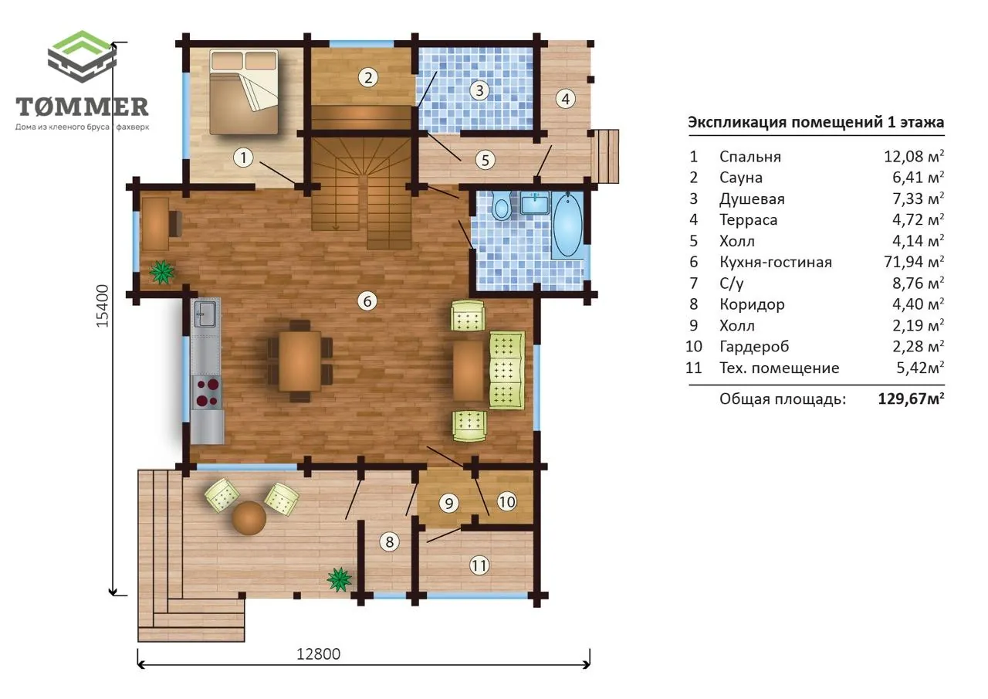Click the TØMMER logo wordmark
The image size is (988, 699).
pyautogui.click(x=82, y=107)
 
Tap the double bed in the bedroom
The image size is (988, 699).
pyautogui.click(x=244, y=92)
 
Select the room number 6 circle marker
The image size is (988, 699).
pyautogui.click(x=367, y=301)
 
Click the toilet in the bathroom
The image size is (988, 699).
pyautogui.click(x=502, y=205)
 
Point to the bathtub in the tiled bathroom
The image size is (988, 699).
pyautogui.click(x=567, y=225)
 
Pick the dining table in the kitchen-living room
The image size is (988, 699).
pyautogui.click(x=299, y=361)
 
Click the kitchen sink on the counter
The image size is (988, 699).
pyautogui.click(x=205, y=314)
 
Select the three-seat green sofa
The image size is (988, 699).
pyautogui.click(x=507, y=370)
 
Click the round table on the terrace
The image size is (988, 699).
pyautogui.click(x=249, y=517)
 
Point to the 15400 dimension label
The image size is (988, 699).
pyautogui.click(x=103, y=306)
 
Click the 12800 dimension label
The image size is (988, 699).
pyautogui.click(x=319, y=654)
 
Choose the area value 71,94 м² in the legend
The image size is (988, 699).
pyautogui.click(x=914, y=262)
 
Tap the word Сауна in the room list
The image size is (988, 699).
pyautogui.click(x=741, y=178)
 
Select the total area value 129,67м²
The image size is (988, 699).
pyautogui.click(x=912, y=399)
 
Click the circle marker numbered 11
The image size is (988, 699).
pyautogui.click(x=479, y=565)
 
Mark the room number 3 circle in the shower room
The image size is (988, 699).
pyautogui.click(x=479, y=90)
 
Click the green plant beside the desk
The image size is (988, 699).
pyautogui.click(x=162, y=272)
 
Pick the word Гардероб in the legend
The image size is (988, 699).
pyautogui.click(x=754, y=347)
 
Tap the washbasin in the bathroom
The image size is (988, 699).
pyautogui.click(x=535, y=205)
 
